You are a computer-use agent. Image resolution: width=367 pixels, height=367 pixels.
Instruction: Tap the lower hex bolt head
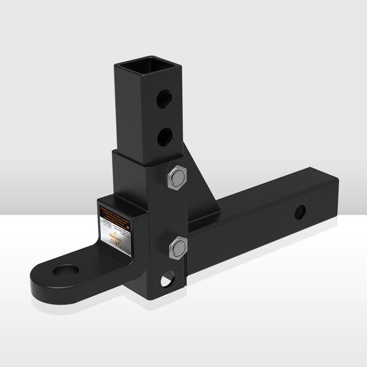click(177, 247)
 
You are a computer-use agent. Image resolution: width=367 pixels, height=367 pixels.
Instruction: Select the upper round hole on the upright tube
click(164, 98)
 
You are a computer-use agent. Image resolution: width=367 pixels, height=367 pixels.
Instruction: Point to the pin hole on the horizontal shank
click(299, 212)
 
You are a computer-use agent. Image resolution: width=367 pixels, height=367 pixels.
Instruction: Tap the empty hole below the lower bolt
click(166, 281)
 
